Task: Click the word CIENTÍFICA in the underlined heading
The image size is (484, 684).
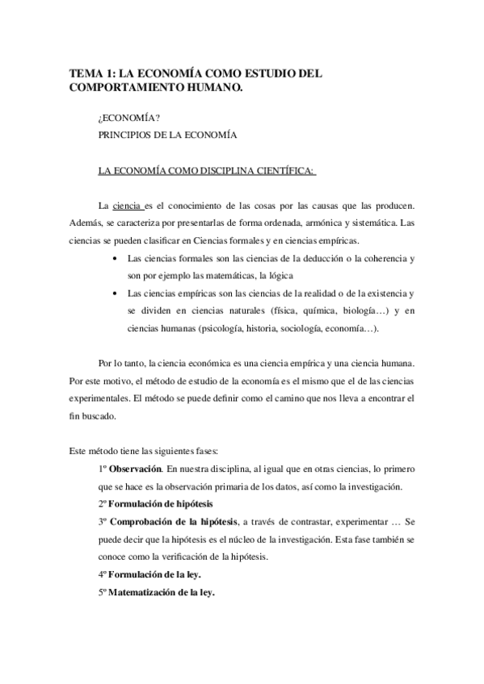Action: point(280,170)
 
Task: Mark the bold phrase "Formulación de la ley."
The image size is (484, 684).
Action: point(156,573)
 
